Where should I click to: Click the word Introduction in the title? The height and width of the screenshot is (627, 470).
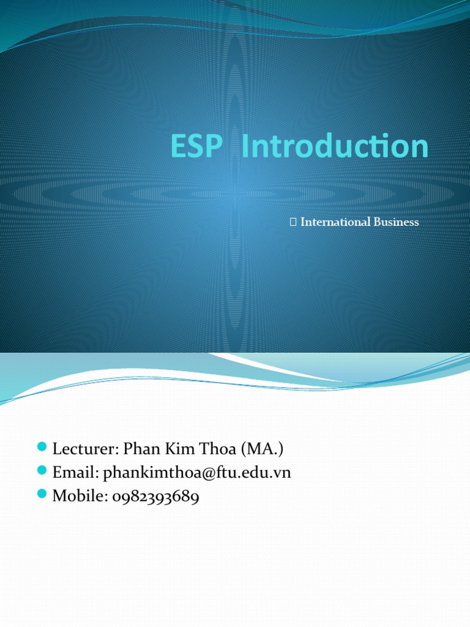click(335, 147)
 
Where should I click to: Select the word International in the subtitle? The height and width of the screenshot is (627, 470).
click(334, 222)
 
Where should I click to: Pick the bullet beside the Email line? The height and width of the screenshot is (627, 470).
click(42, 471)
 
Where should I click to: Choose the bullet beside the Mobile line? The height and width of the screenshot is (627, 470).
click(42, 495)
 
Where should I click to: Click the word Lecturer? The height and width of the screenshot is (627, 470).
click(85, 449)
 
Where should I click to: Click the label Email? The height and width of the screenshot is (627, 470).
click(75, 473)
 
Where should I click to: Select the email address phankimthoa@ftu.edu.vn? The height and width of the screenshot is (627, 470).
click(197, 473)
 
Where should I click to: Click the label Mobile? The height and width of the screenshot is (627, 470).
click(80, 497)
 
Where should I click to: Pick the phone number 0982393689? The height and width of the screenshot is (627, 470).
click(156, 497)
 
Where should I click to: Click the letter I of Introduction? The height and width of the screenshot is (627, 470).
click(246, 147)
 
